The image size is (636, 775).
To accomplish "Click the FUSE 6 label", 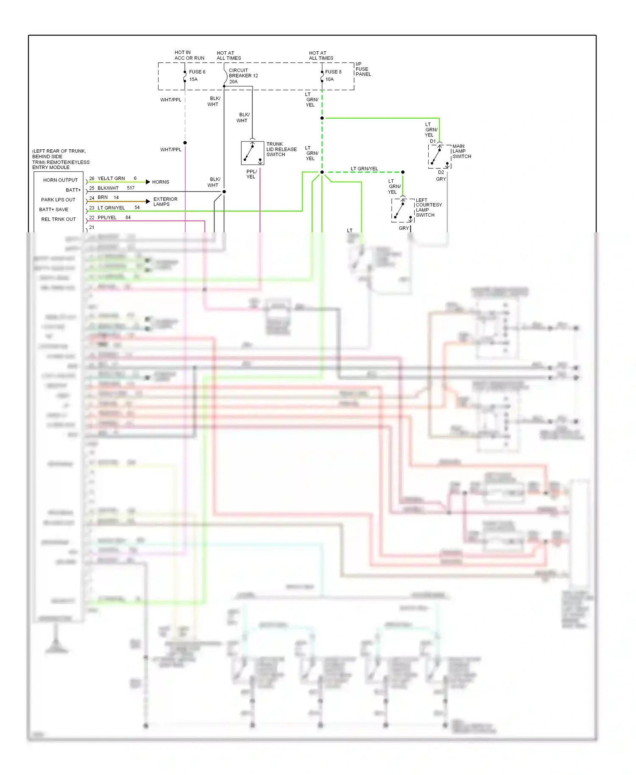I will coord(197,72).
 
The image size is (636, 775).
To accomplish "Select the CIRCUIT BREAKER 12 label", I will coord(243,76).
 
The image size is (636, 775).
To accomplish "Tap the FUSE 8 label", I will coord(333,72).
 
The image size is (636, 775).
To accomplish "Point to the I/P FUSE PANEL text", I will coord(363,69).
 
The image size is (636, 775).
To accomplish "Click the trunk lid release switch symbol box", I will coord(252,153).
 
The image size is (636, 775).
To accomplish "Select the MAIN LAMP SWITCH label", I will coord(461,151).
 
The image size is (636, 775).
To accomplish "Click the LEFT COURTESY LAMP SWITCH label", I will coord(428,208).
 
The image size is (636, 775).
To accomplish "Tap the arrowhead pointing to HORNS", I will coord(148,182).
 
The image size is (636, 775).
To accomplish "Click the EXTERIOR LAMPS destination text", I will coord(165,201).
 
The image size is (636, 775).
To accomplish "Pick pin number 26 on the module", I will coord(92,178).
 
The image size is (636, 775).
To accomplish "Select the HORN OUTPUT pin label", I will coord(60,180).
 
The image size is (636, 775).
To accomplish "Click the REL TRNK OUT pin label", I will coord(59,219).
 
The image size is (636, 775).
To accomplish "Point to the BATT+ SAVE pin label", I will coord(53,209).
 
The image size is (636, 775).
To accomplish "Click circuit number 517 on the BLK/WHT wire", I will coord(131,188).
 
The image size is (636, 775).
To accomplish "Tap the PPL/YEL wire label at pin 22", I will coord(107,217).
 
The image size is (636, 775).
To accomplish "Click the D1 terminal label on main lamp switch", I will coord(432,141).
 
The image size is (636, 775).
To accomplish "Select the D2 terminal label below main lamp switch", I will coord(441,172).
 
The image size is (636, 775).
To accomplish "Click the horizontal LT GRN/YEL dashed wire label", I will coord(364,169).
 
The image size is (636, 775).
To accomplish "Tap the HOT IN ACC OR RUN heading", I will coord(189,55).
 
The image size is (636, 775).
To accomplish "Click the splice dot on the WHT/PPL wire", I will coord(185,143).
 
